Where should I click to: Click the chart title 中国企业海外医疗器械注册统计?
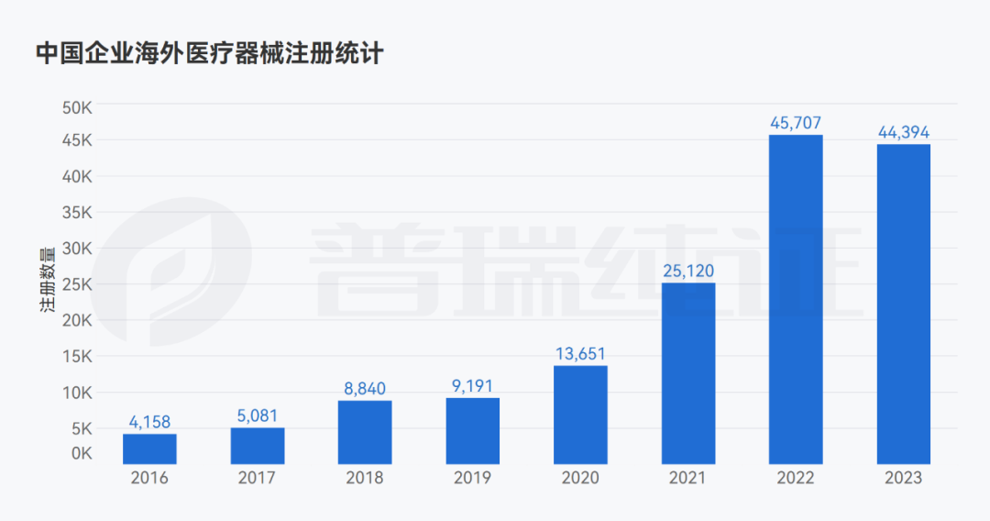(209, 53)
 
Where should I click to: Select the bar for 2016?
(149, 449)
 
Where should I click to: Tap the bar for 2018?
(365, 432)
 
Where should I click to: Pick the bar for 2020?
(580, 415)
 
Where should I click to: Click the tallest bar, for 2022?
(796, 299)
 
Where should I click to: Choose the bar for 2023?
(904, 304)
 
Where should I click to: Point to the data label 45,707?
(796, 123)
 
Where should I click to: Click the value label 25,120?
(687, 271)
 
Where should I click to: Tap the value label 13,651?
(580, 353)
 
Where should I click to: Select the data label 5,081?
(258, 416)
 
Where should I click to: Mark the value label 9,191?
(473, 386)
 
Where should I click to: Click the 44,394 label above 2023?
(904, 132)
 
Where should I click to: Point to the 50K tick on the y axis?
(78, 106)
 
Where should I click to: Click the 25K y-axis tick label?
(78, 284)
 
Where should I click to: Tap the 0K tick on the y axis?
(82, 453)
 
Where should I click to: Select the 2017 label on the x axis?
(258, 478)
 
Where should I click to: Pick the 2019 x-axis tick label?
(473, 478)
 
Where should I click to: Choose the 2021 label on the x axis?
(687, 478)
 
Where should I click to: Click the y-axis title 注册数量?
(49, 281)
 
